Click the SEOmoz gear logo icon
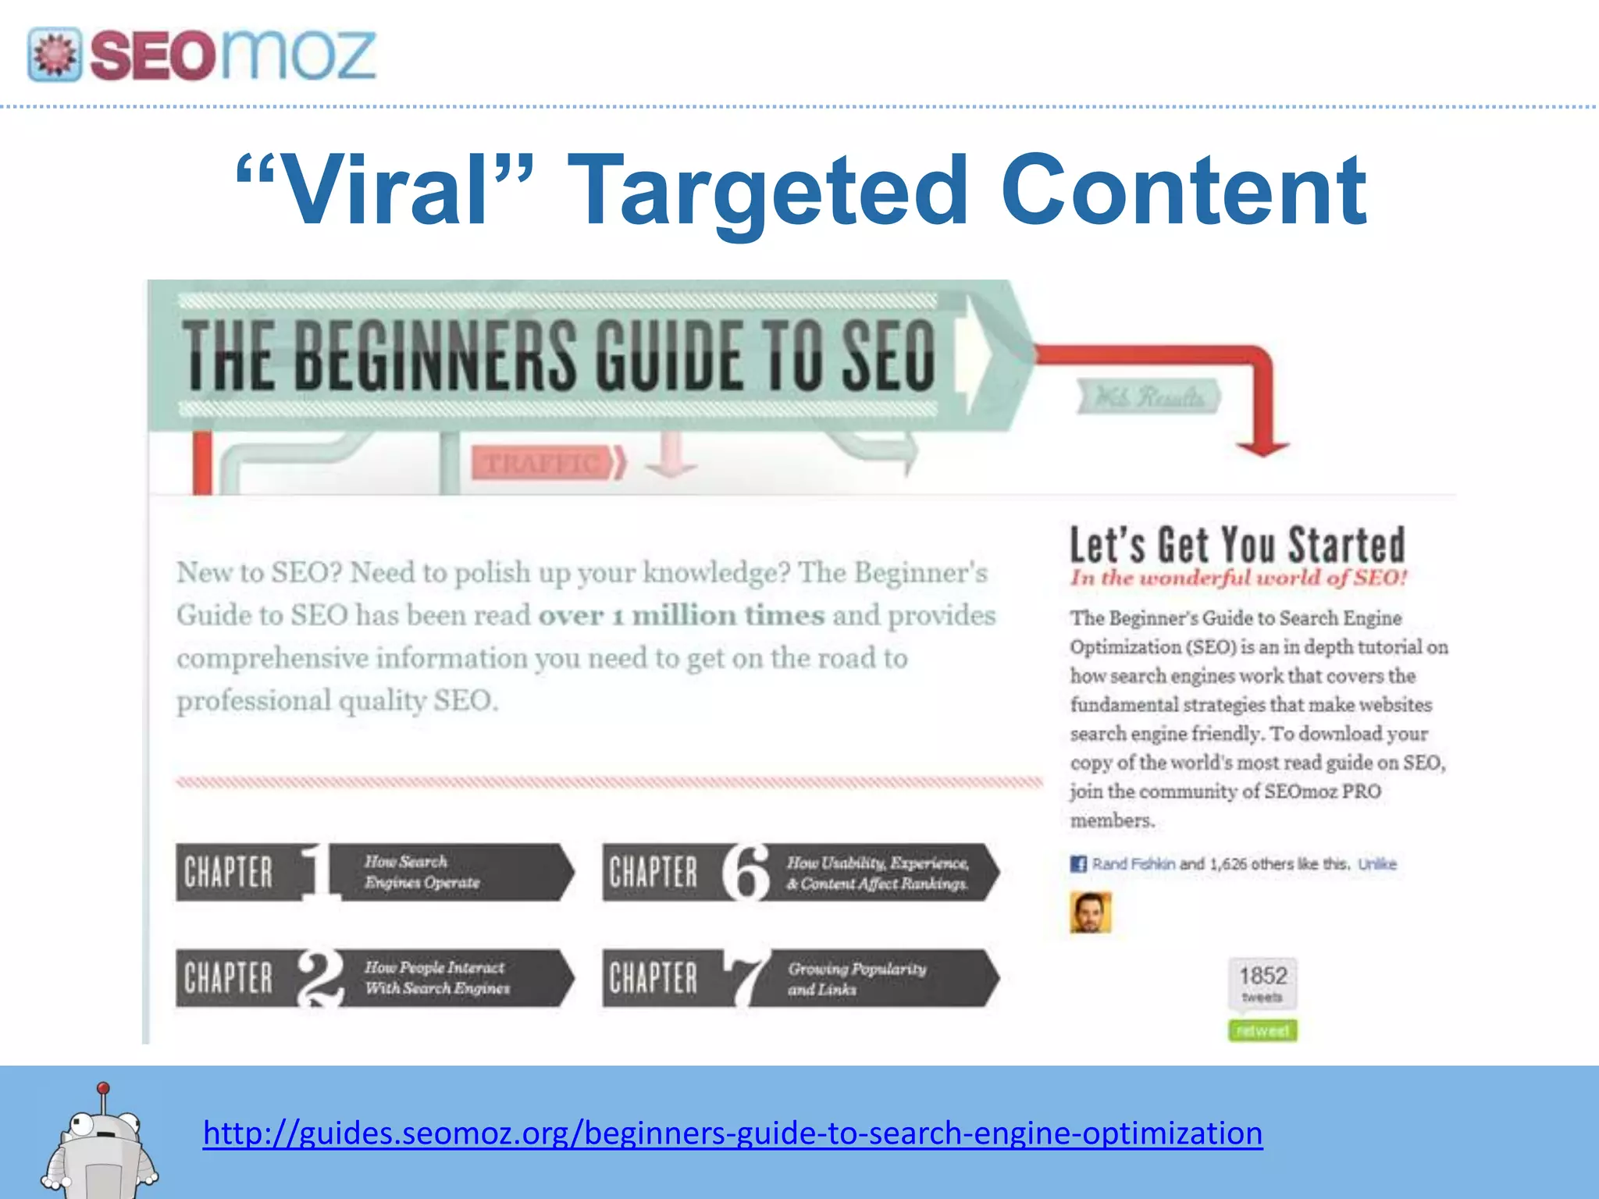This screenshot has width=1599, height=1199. click(54, 55)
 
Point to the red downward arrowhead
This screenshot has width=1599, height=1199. click(1262, 448)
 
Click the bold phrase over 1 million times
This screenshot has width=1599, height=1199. click(681, 615)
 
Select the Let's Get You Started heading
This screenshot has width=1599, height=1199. click(1238, 544)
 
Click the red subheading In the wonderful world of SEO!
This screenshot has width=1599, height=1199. click(1238, 578)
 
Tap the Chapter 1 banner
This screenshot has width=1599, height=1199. click(374, 872)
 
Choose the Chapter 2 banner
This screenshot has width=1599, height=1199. click(374, 977)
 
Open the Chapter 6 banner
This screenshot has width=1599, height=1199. click(799, 872)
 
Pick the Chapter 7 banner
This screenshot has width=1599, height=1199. click(799, 977)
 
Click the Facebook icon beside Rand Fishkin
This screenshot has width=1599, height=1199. click(1078, 864)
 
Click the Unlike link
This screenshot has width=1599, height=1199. click(1376, 864)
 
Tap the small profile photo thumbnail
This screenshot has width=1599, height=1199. click(1091, 913)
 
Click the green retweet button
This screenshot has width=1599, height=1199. click(1262, 1030)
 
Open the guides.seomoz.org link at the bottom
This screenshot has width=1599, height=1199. click(732, 1133)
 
